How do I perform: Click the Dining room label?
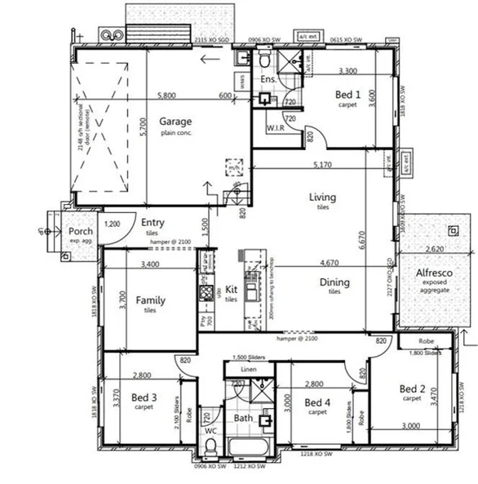coord(334,282)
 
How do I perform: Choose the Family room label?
coord(150,300)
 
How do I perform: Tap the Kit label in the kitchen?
coord(231,290)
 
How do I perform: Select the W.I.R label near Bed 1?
coord(275,128)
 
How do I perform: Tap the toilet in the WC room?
coord(211,445)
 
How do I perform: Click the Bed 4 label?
coord(318,402)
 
